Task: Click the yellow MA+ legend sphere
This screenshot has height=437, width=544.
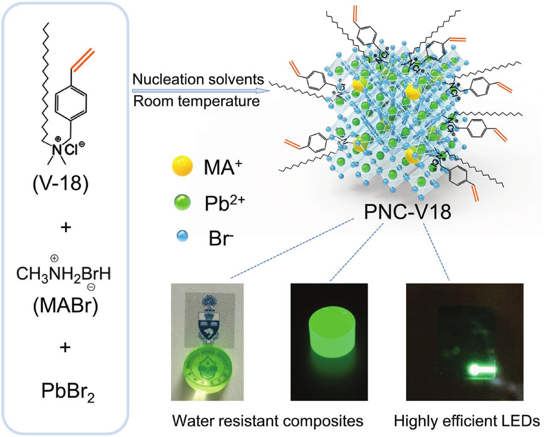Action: (182, 166)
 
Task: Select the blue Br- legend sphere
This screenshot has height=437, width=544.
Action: (182, 236)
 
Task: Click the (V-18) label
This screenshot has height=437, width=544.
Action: (61, 184)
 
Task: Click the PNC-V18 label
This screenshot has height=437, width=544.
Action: (407, 212)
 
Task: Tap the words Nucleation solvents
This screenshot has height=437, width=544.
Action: (198, 79)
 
